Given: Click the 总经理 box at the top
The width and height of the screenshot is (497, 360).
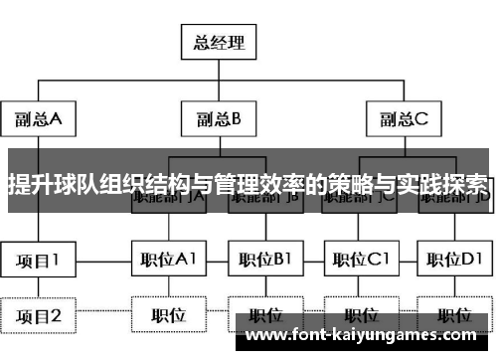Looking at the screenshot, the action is [217, 44].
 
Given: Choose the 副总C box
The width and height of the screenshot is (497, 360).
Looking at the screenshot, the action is [403, 120].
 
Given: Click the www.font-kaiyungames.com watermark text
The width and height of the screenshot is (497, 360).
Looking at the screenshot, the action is [368, 336].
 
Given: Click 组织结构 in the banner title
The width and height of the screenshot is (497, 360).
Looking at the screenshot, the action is [145, 182].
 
